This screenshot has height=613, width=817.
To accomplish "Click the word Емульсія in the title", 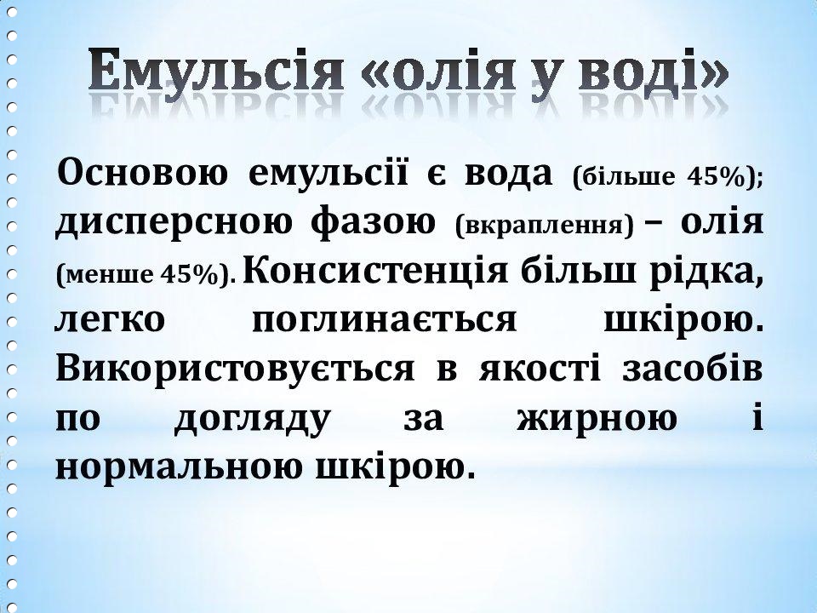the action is [216, 70].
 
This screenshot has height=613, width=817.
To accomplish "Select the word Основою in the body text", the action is [142, 173].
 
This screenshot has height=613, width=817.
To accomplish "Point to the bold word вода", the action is [508, 174].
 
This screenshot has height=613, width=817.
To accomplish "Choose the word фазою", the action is [374, 223].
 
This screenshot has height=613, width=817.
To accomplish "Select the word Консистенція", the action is [375, 271].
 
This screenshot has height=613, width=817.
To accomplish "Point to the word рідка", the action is [706, 271].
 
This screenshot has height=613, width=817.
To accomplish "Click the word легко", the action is [110, 320].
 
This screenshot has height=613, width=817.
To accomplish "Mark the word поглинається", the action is [385, 319].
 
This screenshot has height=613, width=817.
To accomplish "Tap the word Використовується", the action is [236, 368].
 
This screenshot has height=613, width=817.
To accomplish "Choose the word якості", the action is [540, 369].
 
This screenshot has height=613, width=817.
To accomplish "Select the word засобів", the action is [693, 368].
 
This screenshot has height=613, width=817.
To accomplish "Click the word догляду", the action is [253, 419].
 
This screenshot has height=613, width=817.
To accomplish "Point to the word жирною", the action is [597, 417].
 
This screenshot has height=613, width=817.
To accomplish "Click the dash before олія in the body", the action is [659, 222].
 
